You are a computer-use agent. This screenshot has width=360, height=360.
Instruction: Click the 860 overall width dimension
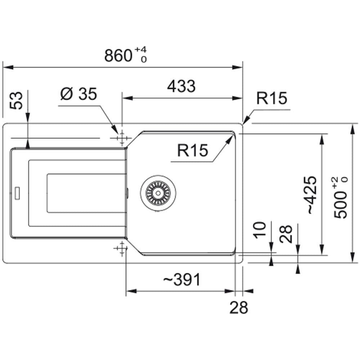(118, 55)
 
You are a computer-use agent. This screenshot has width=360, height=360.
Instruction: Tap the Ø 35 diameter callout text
(78, 94)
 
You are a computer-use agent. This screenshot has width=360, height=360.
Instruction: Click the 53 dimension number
(16, 100)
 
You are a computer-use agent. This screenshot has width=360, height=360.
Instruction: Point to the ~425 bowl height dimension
(312, 195)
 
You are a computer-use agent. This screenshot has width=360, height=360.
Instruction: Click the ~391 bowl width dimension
(181, 279)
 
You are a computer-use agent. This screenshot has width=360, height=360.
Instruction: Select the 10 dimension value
(260, 230)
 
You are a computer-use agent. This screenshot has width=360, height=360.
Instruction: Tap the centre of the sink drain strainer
(158, 193)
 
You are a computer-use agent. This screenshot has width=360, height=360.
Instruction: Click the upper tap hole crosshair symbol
(122, 138)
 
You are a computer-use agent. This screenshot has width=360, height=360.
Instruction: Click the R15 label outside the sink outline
(271, 98)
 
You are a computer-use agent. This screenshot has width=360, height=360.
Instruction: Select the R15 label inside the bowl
(193, 150)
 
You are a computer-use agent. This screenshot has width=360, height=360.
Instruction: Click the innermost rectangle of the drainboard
(86, 193)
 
